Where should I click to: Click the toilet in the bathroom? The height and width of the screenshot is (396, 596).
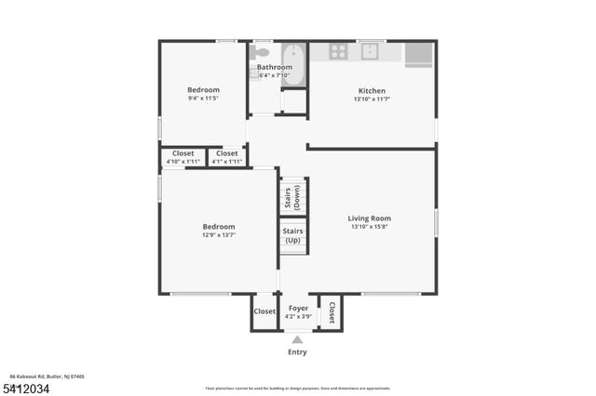[x=264, y=52]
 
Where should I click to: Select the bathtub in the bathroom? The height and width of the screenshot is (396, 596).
[x=293, y=64]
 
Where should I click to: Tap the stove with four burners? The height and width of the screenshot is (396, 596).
[x=336, y=52]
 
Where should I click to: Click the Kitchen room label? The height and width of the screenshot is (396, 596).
[x=372, y=91]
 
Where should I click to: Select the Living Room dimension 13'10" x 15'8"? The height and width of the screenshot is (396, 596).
[x=370, y=227]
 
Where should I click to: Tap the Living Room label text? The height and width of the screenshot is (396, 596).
[x=370, y=218]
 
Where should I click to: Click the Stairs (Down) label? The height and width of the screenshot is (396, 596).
[x=291, y=196]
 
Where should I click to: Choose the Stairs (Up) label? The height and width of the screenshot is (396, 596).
[x=291, y=235]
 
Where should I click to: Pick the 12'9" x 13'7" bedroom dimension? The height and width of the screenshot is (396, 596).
[x=219, y=235]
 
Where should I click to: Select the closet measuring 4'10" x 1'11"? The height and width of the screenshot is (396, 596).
[x=183, y=162]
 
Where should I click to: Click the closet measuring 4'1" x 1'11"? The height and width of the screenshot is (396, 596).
[x=227, y=162]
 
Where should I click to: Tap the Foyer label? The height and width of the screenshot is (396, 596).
[x=298, y=308]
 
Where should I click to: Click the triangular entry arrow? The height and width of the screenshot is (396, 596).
[x=298, y=339]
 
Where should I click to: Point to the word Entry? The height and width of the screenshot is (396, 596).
[x=297, y=352]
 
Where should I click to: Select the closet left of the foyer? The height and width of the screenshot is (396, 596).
[x=264, y=311]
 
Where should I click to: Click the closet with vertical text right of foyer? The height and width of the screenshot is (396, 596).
[x=332, y=311]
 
